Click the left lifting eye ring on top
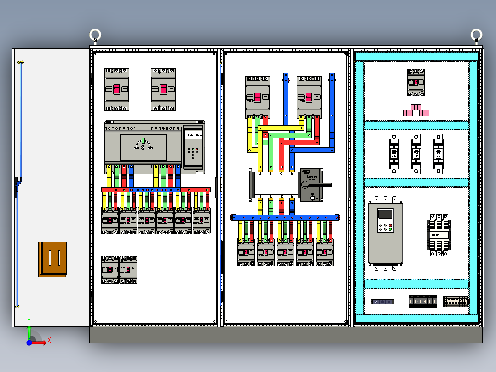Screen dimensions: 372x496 (x=95, y=35)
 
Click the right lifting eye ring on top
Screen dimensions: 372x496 (x=476, y=35)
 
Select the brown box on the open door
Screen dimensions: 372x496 (x=52, y=259)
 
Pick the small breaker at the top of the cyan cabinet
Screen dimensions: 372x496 (x=415, y=82)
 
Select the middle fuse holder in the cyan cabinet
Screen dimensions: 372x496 (x=416, y=154)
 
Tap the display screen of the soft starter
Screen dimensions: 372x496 (x=385, y=214)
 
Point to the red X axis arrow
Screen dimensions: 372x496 (x=42, y=342)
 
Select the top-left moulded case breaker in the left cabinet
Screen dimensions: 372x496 (x=117, y=89)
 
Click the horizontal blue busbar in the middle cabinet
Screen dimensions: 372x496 (x=285, y=217)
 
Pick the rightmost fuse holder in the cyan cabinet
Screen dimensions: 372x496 (x=438, y=154)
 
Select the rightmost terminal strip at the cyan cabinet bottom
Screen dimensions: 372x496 (x=455, y=302)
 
